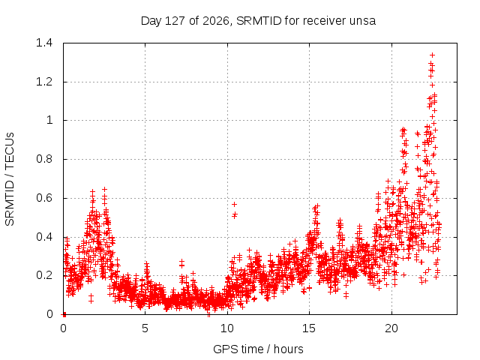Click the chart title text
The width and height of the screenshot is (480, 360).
pos(258,21)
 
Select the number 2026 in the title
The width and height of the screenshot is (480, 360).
pos(216,21)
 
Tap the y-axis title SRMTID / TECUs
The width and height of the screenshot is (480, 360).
pos(10,179)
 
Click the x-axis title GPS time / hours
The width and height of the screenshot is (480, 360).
pos(258,349)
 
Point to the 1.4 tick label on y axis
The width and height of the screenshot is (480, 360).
pos(44,43)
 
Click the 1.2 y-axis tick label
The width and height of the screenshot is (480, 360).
pos(44,82)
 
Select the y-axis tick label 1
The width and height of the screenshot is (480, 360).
pos(49,120)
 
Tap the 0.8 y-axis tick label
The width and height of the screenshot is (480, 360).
pos(44,159)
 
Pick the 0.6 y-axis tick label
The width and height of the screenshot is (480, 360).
pos(44,198)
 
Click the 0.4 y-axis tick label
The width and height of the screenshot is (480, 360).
pos(44,237)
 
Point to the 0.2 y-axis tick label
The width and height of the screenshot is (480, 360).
pos(44,275)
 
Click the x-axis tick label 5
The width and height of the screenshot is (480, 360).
pos(145,328)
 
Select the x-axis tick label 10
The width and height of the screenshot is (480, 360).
pos(227,328)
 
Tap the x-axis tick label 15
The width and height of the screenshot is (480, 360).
pos(309,328)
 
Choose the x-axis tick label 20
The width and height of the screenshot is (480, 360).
pos(391,328)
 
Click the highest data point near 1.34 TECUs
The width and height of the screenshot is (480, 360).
pos(432,55)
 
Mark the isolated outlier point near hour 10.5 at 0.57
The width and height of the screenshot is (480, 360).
pos(235,204)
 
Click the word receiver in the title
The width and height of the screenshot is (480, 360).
pos(325,21)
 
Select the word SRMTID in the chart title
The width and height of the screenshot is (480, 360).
pos(259,21)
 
